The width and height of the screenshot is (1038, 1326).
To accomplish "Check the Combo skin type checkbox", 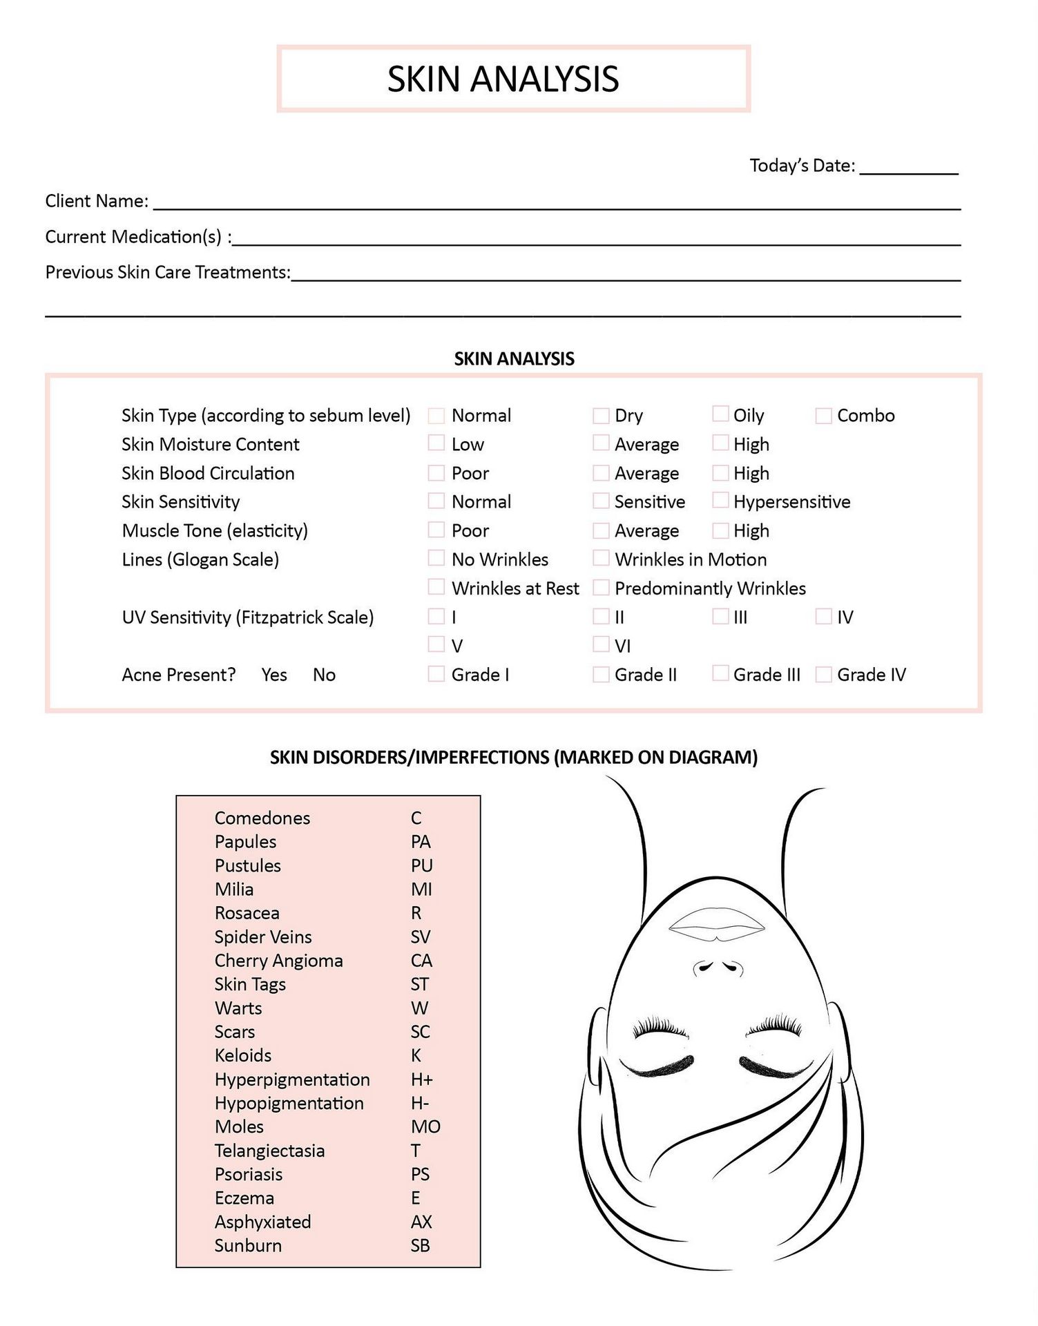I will coord(823,416).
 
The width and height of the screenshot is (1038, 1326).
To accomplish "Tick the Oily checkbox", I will coord(720,414).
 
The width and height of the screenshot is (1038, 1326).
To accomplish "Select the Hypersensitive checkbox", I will coord(720,500).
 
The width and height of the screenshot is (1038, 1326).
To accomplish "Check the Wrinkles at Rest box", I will coord(436,587).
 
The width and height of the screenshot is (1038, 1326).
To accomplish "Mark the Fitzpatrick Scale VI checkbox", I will coord(601,644).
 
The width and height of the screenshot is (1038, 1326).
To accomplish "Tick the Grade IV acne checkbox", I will coord(823,674).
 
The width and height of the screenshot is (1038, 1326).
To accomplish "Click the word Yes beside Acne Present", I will coord(274,675).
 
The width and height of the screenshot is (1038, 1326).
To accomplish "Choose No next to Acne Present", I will coord(324,675).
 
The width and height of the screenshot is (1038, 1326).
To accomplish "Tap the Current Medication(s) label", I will coord(138,237).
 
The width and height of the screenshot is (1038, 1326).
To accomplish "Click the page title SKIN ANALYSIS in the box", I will coord(503,79).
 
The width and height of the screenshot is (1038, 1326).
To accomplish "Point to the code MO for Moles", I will coord(425,1127).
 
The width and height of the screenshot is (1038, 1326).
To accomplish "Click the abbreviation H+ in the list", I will coord(422,1079).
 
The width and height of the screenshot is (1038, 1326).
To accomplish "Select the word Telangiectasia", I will coord(269,1151).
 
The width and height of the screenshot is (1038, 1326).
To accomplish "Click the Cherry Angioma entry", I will coord(278,961).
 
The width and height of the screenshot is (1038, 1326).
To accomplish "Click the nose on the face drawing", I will coord(718,966).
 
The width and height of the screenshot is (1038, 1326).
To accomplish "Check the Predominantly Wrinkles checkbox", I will coord(601,588).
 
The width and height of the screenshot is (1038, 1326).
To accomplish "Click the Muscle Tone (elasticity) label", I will coord(215,530).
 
